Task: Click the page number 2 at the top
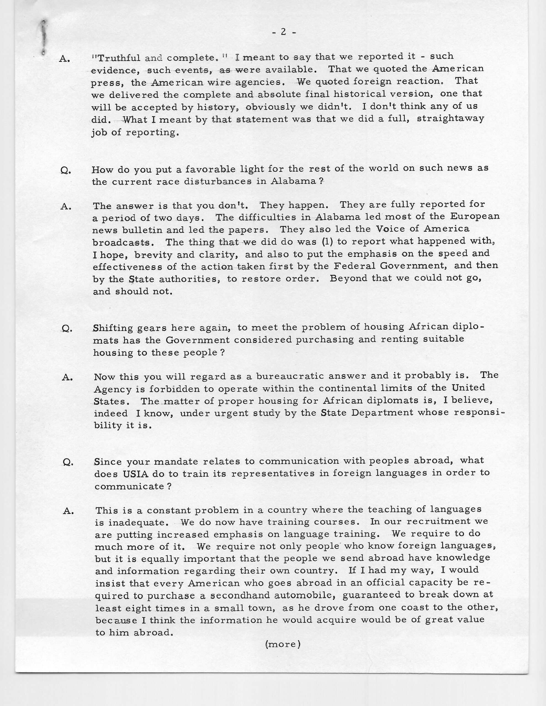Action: [x=283, y=32]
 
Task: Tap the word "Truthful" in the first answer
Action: [x=118, y=58]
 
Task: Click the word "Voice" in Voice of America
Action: [x=388, y=229]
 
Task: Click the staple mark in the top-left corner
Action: [x=44, y=36]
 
